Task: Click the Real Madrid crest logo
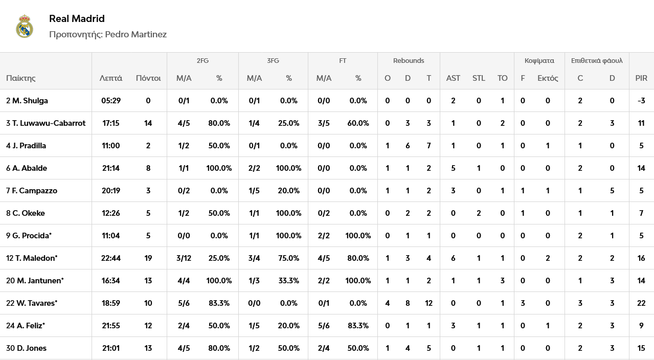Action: pyautogui.click(x=25, y=26)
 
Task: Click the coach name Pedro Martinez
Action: pyautogui.click(x=136, y=34)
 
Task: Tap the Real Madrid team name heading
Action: pyautogui.click(x=77, y=19)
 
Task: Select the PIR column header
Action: pyautogui.click(x=641, y=78)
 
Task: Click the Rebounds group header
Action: pyautogui.click(x=409, y=61)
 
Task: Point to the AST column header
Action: pyautogui.click(x=453, y=78)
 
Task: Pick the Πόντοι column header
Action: pyautogui.click(x=148, y=78)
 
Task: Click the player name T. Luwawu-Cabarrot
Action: pyautogui.click(x=49, y=123)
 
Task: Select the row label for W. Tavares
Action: pyautogui.click(x=32, y=303)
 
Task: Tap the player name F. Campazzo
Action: pyautogui.click(x=34, y=191)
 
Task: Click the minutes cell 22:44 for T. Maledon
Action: pyautogui.click(x=111, y=258)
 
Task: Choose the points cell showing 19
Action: pyautogui.click(x=148, y=258)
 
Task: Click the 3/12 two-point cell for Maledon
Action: pyautogui.click(x=184, y=258)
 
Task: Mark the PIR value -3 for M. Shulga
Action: pyautogui.click(x=641, y=101)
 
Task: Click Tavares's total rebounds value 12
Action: pyautogui.click(x=429, y=303)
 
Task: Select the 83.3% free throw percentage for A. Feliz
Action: pyautogui.click(x=358, y=326)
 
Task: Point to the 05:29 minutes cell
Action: pyautogui.click(x=111, y=101)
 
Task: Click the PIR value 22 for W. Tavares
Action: pyautogui.click(x=641, y=303)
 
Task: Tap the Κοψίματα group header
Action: pyautogui.click(x=539, y=61)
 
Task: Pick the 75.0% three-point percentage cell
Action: pyautogui.click(x=289, y=258)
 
